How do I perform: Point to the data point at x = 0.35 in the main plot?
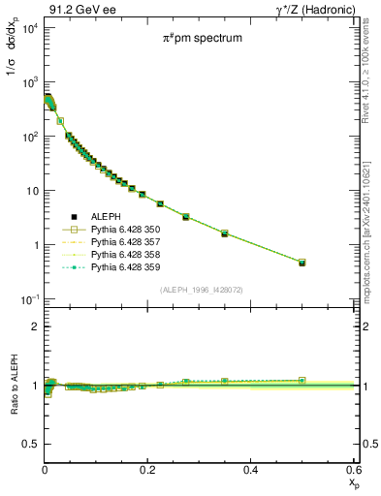tap(224, 233)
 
